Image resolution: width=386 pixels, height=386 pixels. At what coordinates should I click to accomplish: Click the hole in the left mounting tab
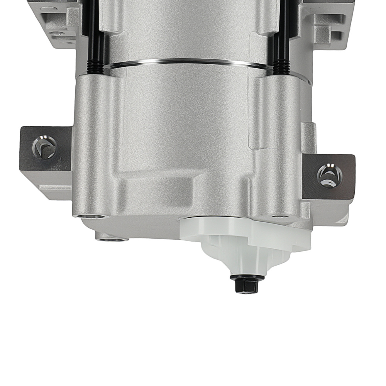[x=45, y=147]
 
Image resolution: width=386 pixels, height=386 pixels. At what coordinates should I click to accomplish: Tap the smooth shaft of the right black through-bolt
[x=281, y=31]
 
